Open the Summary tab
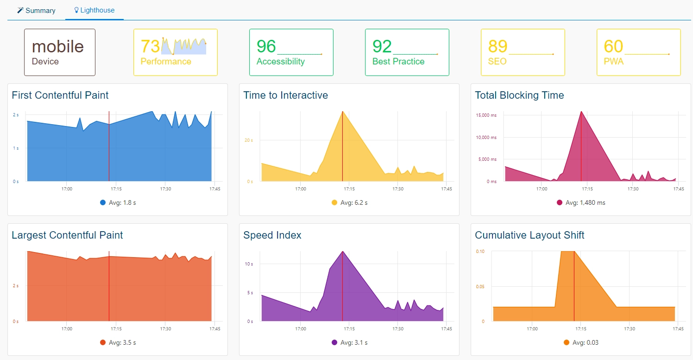point(36,11)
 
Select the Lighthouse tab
point(94,10)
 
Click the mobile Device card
point(60,52)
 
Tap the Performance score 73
point(150,46)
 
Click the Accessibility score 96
point(266,46)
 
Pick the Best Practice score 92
point(382,46)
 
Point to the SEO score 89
point(498,46)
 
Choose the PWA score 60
point(613,46)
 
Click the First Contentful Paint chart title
point(60,95)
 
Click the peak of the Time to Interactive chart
point(342,112)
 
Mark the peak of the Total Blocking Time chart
point(581,112)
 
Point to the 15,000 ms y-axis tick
point(486,115)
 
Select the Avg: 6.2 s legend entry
point(350,203)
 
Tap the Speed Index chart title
point(272,235)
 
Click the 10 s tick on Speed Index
point(249,264)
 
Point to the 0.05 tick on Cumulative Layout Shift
point(480,287)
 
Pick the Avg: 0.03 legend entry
point(581,343)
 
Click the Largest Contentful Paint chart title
point(67,235)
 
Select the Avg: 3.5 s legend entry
point(118,343)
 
